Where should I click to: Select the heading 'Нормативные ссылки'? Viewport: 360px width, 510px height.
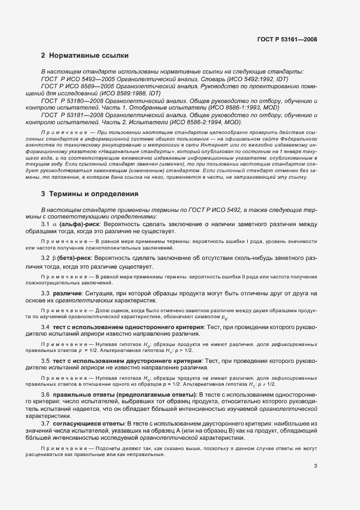(x=89, y=56)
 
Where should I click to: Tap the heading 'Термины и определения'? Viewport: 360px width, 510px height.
(x=94, y=194)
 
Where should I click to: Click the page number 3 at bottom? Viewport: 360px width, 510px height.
(x=315, y=466)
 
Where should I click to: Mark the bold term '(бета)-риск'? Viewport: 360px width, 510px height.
(x=73, y=257)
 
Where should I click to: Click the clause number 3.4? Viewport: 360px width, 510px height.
(x=46, y=326)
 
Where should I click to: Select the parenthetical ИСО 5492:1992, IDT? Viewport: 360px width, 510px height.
(x=254, y=79)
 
